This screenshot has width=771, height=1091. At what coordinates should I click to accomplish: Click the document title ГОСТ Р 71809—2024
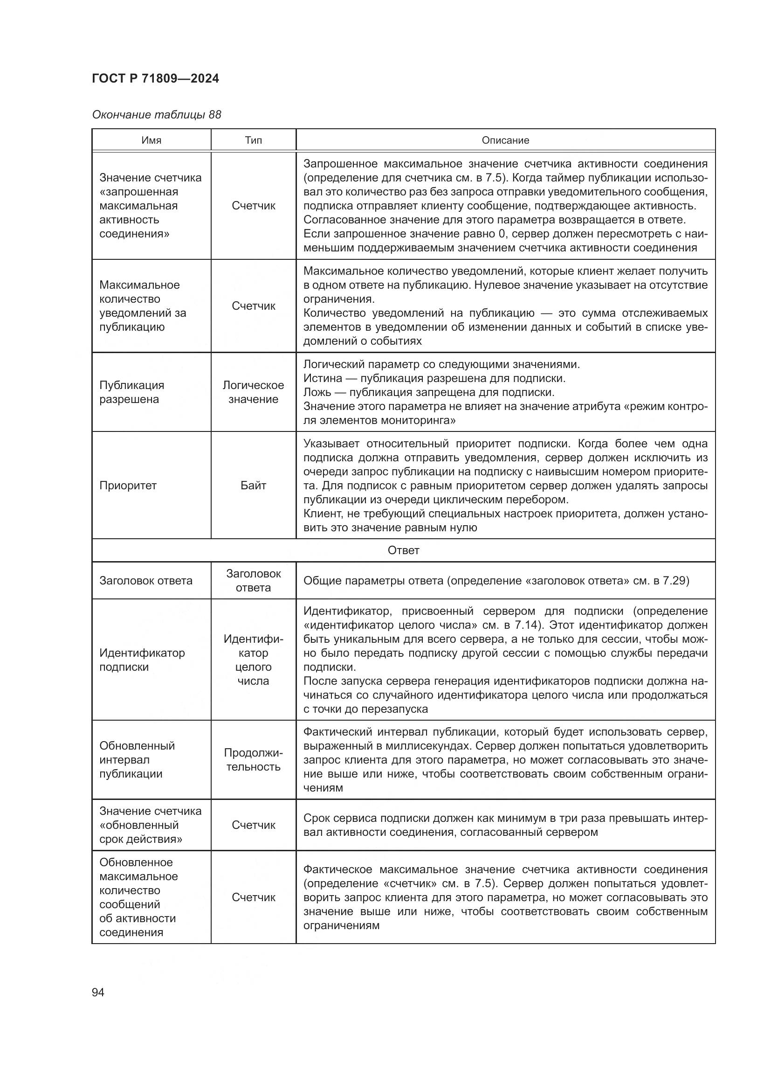[x=155, y=79]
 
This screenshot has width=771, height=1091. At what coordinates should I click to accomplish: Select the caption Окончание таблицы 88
[x=156, y=115]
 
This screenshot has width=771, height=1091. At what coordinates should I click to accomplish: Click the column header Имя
[x=151, y=140]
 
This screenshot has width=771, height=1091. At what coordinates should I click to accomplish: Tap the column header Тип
[x=253, y=140]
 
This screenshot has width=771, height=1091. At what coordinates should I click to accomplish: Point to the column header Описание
[x=505, y=140]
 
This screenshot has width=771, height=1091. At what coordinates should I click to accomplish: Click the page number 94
[x=98, y=992]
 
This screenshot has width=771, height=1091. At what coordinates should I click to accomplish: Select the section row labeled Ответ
[x=403, y=550]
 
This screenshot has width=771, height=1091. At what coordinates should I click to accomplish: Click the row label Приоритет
[x=128, y=486]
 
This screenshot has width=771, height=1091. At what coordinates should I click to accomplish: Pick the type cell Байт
[x=253, y=486]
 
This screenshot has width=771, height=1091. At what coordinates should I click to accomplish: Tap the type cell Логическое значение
[x=253, y=392]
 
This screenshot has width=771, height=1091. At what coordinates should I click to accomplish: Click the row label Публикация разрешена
[x=131, y=392]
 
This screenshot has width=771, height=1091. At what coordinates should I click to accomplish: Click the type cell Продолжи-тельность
[x=253, y=760]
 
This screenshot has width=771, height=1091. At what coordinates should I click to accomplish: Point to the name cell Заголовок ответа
[x=146, y=581]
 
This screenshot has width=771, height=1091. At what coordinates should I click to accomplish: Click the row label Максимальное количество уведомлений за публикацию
[x=143, y=306]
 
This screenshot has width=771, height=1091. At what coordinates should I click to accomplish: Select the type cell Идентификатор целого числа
[x=253, y=660]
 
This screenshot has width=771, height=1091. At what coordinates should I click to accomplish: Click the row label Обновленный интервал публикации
[x=137, y=760]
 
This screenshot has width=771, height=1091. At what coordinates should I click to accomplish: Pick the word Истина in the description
[x=323, y=379]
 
